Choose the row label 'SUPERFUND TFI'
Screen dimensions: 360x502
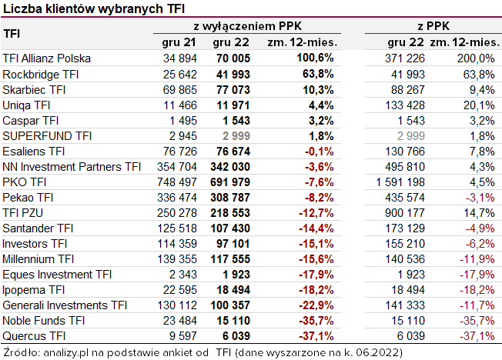(47, 135)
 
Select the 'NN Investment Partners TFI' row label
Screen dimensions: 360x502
(72, 166)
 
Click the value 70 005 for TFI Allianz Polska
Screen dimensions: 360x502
(231, 58)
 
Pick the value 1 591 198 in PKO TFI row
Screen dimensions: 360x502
(397, 182)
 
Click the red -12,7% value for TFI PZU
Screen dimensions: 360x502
(313, 212)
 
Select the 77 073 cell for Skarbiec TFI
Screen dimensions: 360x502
(231, 89)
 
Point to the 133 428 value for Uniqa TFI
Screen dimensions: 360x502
(400, 105)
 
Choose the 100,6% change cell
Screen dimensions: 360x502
(313, 58)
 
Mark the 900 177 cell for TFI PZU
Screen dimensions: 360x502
(400, 212)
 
